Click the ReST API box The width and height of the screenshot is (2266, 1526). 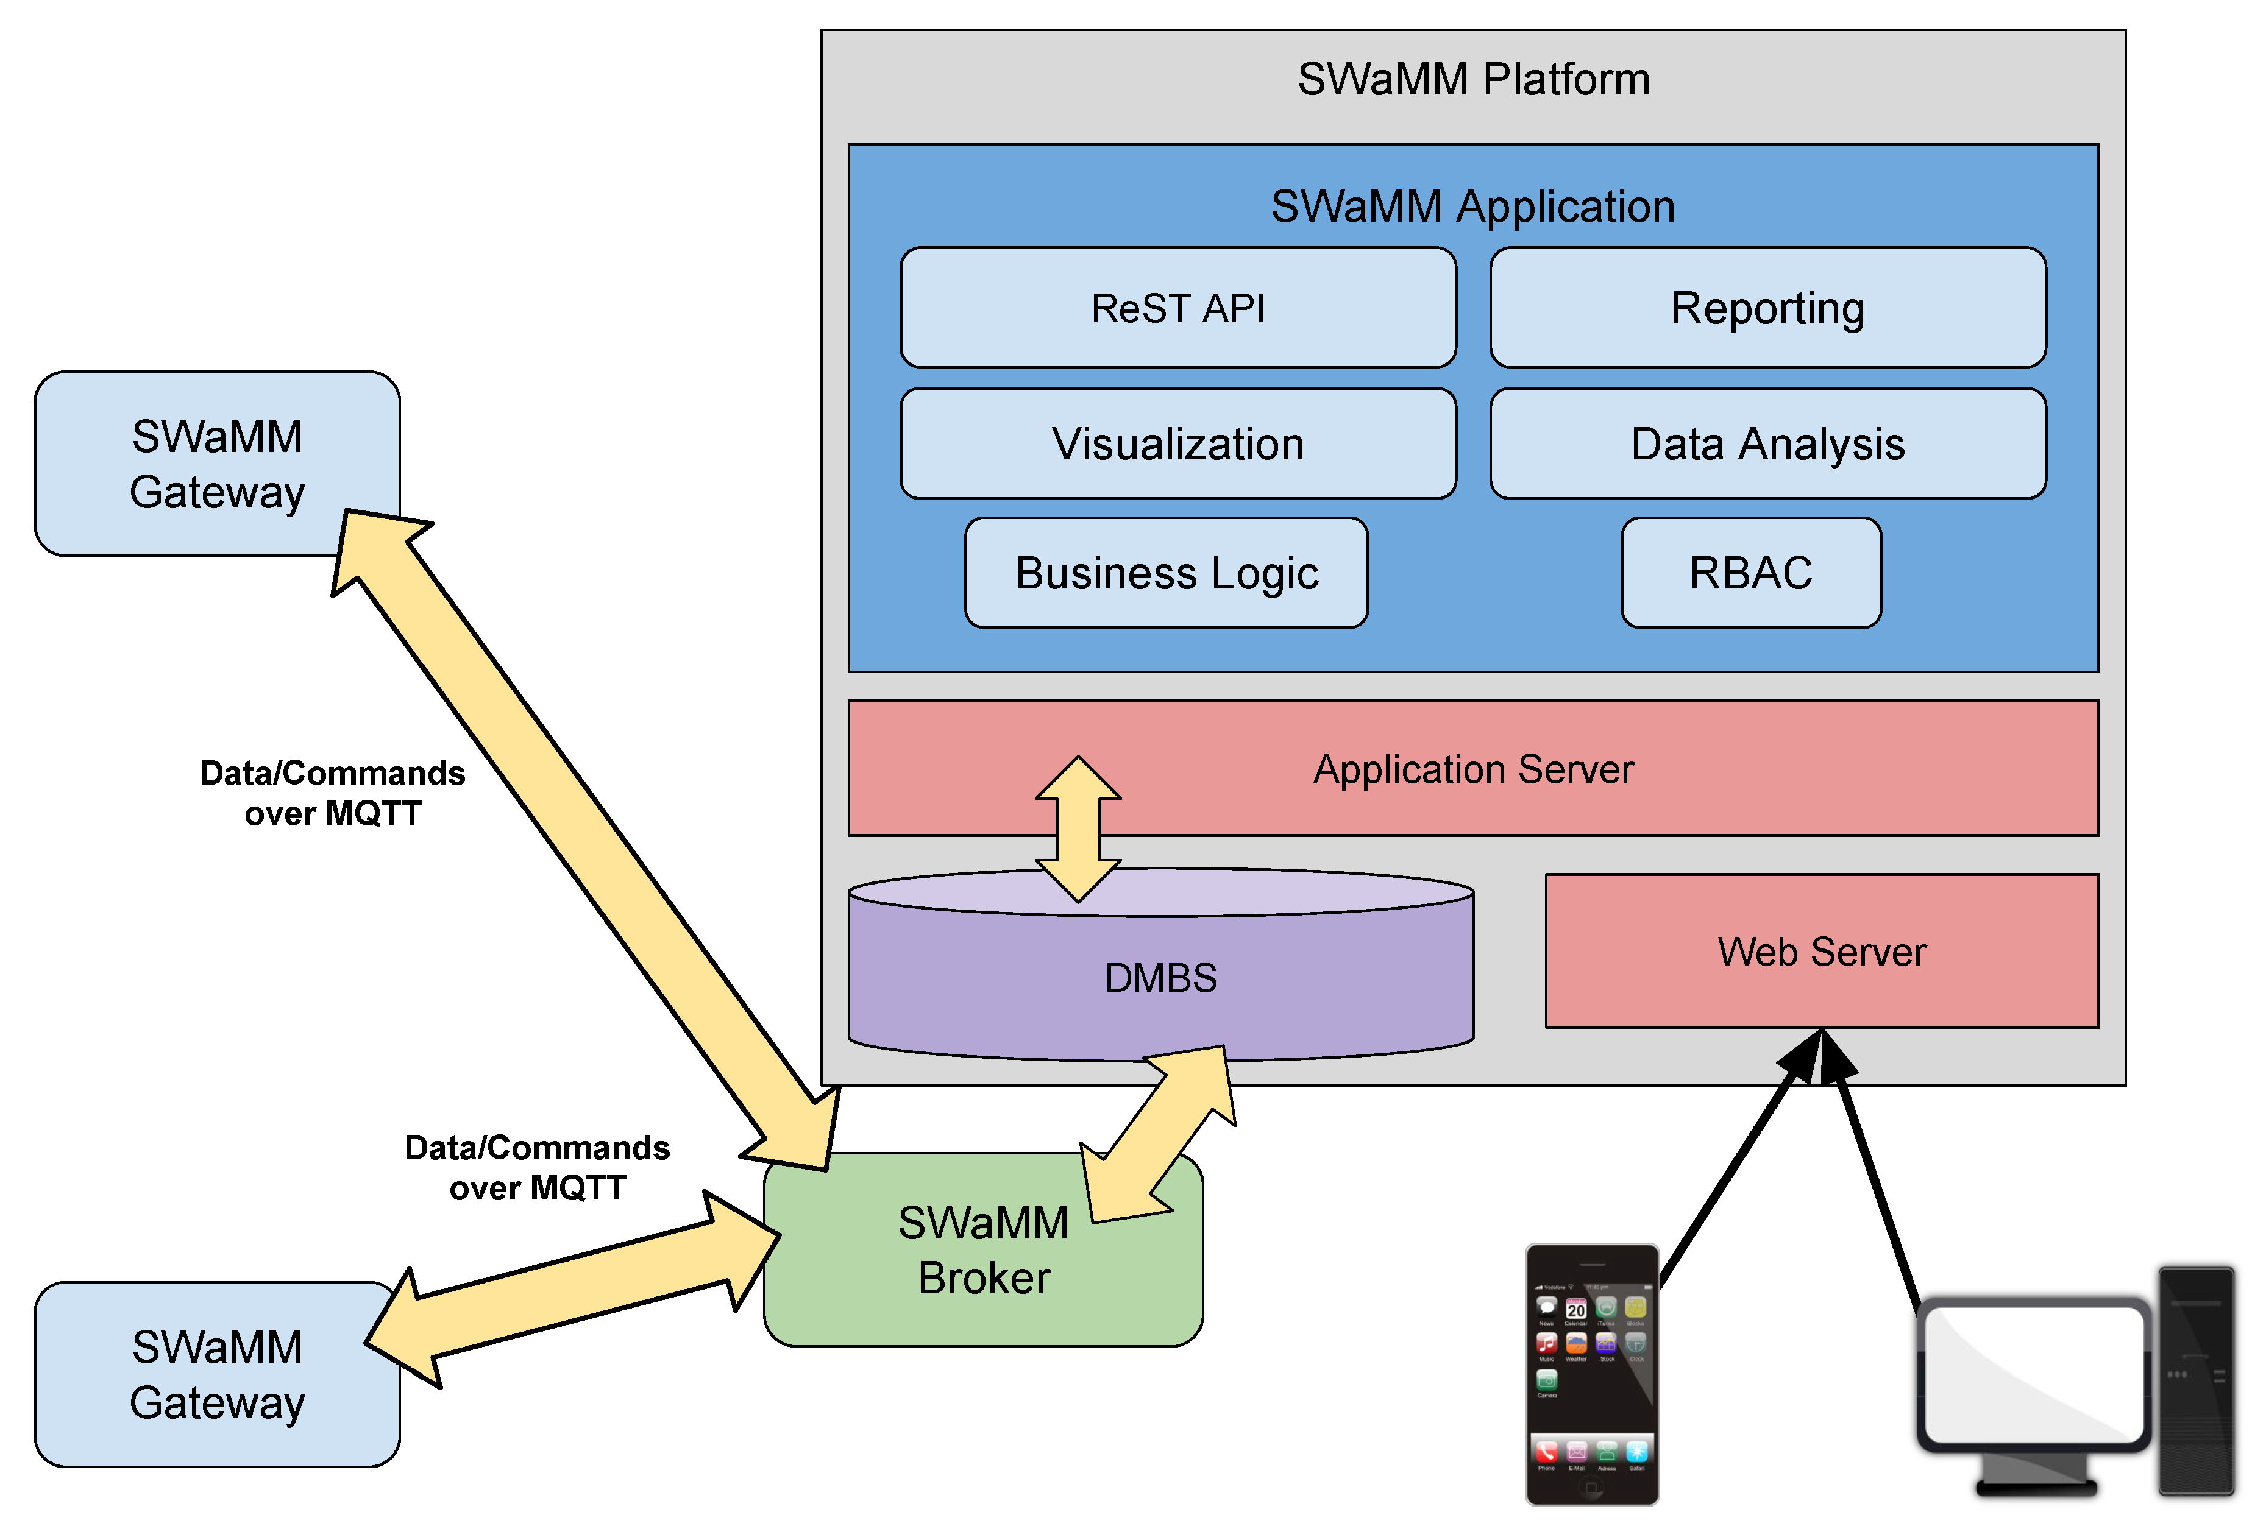coord(1177,308)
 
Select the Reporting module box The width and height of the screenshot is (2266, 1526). coord(1767,308)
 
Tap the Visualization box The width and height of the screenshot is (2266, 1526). coord(1177,443)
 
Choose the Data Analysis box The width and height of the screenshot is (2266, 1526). coord(1767,443)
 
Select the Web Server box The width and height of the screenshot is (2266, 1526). coord(1821,951)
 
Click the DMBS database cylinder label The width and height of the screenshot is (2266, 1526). coord(1160,977)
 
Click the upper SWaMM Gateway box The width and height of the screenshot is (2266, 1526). coord(216,463)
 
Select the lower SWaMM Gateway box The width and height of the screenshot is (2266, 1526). coord(216,1374)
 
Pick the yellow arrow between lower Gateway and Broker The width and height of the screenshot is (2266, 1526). coord(574,1290)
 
